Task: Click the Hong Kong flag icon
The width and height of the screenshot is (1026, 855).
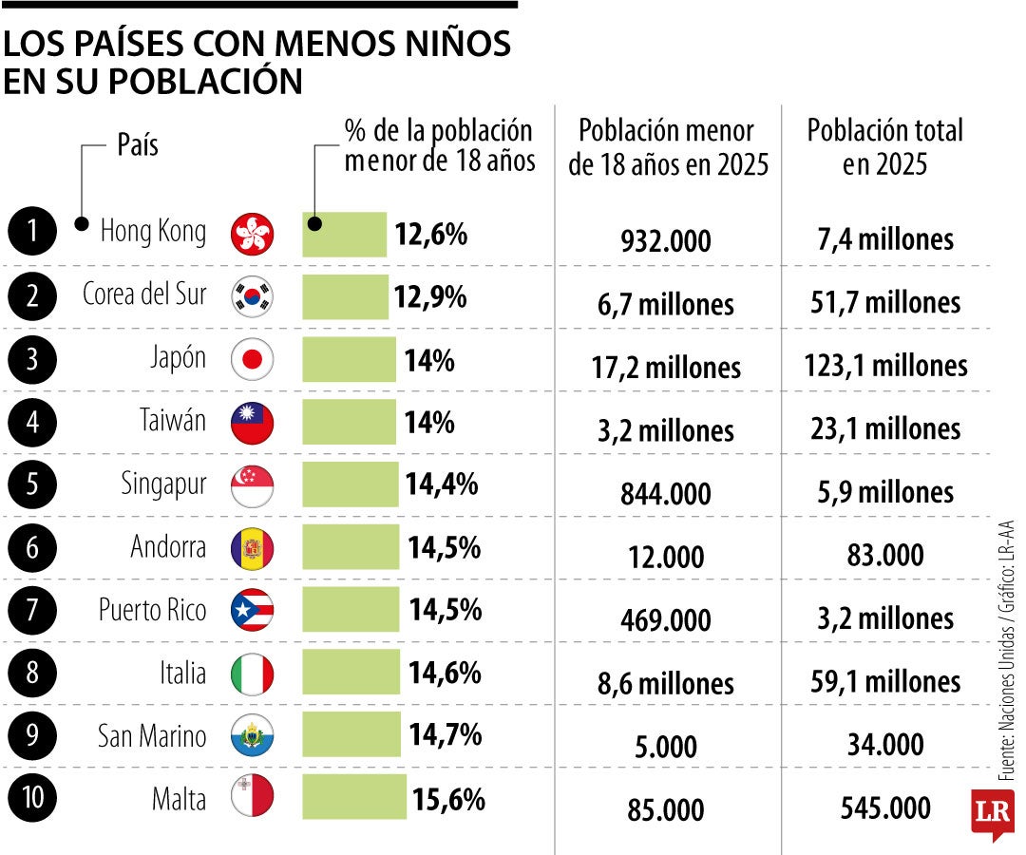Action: pyautogui.click(x=253, y=234)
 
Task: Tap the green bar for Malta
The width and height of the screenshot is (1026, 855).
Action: pyautogui.click(x=354, y=798)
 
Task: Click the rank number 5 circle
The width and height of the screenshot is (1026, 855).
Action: pyautogui.click(x=33, y=485)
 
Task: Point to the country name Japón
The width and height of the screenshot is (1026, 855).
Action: pyautogui.click(x=178, y=359)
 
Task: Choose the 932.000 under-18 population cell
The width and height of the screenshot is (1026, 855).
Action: pyautogui.click(x=665, y=241)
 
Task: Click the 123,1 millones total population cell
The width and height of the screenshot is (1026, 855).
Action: pyautogui.click(x=885, y=366)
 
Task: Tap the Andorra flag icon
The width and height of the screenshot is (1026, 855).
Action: pyautogui.click(x=253, y=548)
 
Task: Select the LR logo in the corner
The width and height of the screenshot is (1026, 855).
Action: pyautogui.click(x=991, y=812)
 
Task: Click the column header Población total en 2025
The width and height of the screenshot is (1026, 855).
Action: pyautogui.click(x=884, y=147)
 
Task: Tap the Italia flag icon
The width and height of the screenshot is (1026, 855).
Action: pyautogui.click(x=253, y=674)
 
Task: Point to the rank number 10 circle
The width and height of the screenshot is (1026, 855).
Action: pyautogui.click(x=33, y=798)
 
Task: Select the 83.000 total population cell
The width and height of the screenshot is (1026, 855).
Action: pyautogui.click(x=884, y=556)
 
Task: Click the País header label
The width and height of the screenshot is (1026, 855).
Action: pyautogui.click(x=138, y=145)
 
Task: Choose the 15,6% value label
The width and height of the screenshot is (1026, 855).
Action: pyautogui.click(x=448, y=799)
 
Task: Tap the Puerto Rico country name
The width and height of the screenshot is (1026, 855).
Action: pyautogui.click(x=152, y=610)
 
